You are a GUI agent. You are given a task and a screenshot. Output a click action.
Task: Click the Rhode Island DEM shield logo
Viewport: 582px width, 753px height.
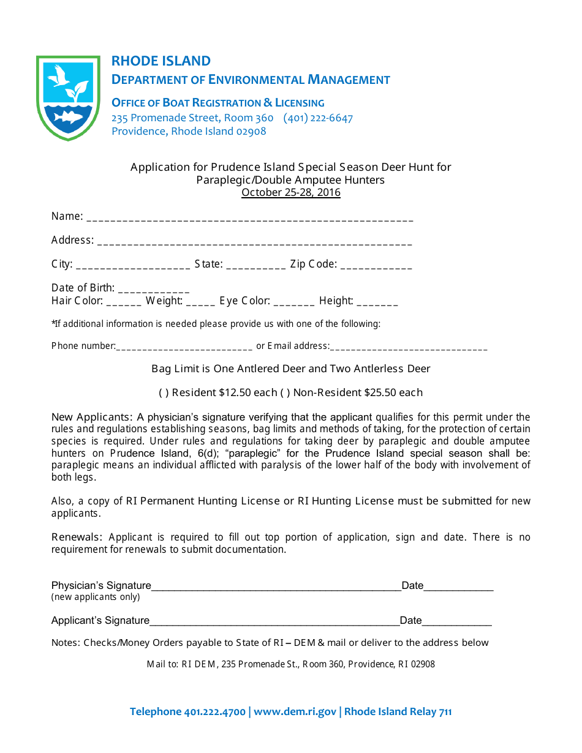click(x=68, y=97)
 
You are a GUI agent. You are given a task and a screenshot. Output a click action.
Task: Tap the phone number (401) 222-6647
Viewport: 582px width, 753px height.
click(x=318, y=118)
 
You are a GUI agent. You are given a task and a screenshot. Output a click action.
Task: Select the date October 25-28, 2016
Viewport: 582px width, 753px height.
click(x=291, y=193)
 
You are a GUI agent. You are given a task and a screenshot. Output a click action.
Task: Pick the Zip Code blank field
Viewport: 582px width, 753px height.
click(x=376, y=266)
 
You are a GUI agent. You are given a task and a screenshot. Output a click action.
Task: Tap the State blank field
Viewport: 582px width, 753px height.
click(x=255, y=266)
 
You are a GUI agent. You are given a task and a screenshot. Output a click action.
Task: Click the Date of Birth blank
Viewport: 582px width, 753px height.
click(x=154, y=290)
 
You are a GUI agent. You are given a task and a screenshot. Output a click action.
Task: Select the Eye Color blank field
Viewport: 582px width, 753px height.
click(x=294, y=302)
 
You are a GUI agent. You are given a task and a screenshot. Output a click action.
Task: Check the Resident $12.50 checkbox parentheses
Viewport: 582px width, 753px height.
click(x=164, y=393)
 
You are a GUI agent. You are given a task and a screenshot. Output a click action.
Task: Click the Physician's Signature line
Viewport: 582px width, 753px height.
click(x=276, y=588)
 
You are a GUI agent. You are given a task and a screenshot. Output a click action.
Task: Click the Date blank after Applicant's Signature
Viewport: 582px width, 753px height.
click(x=457, y=623)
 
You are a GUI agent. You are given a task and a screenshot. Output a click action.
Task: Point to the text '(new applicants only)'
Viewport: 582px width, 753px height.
click(x=96, y=597)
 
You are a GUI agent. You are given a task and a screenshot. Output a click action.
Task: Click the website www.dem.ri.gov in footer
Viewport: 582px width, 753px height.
click(x=295, y=711)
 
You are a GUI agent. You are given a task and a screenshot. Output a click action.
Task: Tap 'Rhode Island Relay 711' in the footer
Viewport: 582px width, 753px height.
click(x=398, y=711)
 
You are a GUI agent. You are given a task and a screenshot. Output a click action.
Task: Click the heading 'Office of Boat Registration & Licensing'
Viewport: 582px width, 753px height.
click(x=218, y=103)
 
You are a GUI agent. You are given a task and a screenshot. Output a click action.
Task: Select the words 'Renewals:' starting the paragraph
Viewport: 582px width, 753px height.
click(x=76, y=537)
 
